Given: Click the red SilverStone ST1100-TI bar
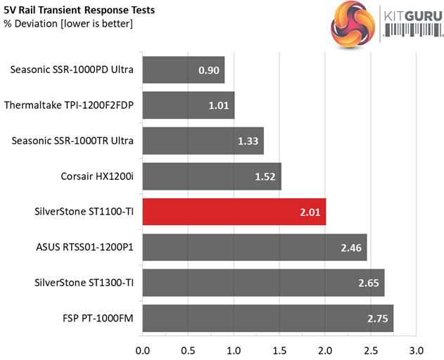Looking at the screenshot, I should (x=234, y=212).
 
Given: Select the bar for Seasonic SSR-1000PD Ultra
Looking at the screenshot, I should (x=183, y=70).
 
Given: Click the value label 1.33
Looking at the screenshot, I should (x=247, y=141).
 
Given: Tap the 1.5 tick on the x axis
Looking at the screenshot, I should (x=279, y=349).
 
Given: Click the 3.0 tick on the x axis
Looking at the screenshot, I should (x=416, y=349).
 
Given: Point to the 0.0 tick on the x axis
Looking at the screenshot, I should (x=143, y=349).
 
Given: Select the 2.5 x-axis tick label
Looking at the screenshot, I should (x=371, y=349).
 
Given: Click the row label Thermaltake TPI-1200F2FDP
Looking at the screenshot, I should (x=69, y=105).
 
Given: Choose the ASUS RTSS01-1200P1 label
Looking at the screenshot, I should (x=85, y=247).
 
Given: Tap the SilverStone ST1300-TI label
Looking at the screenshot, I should (x=84, y=283).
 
